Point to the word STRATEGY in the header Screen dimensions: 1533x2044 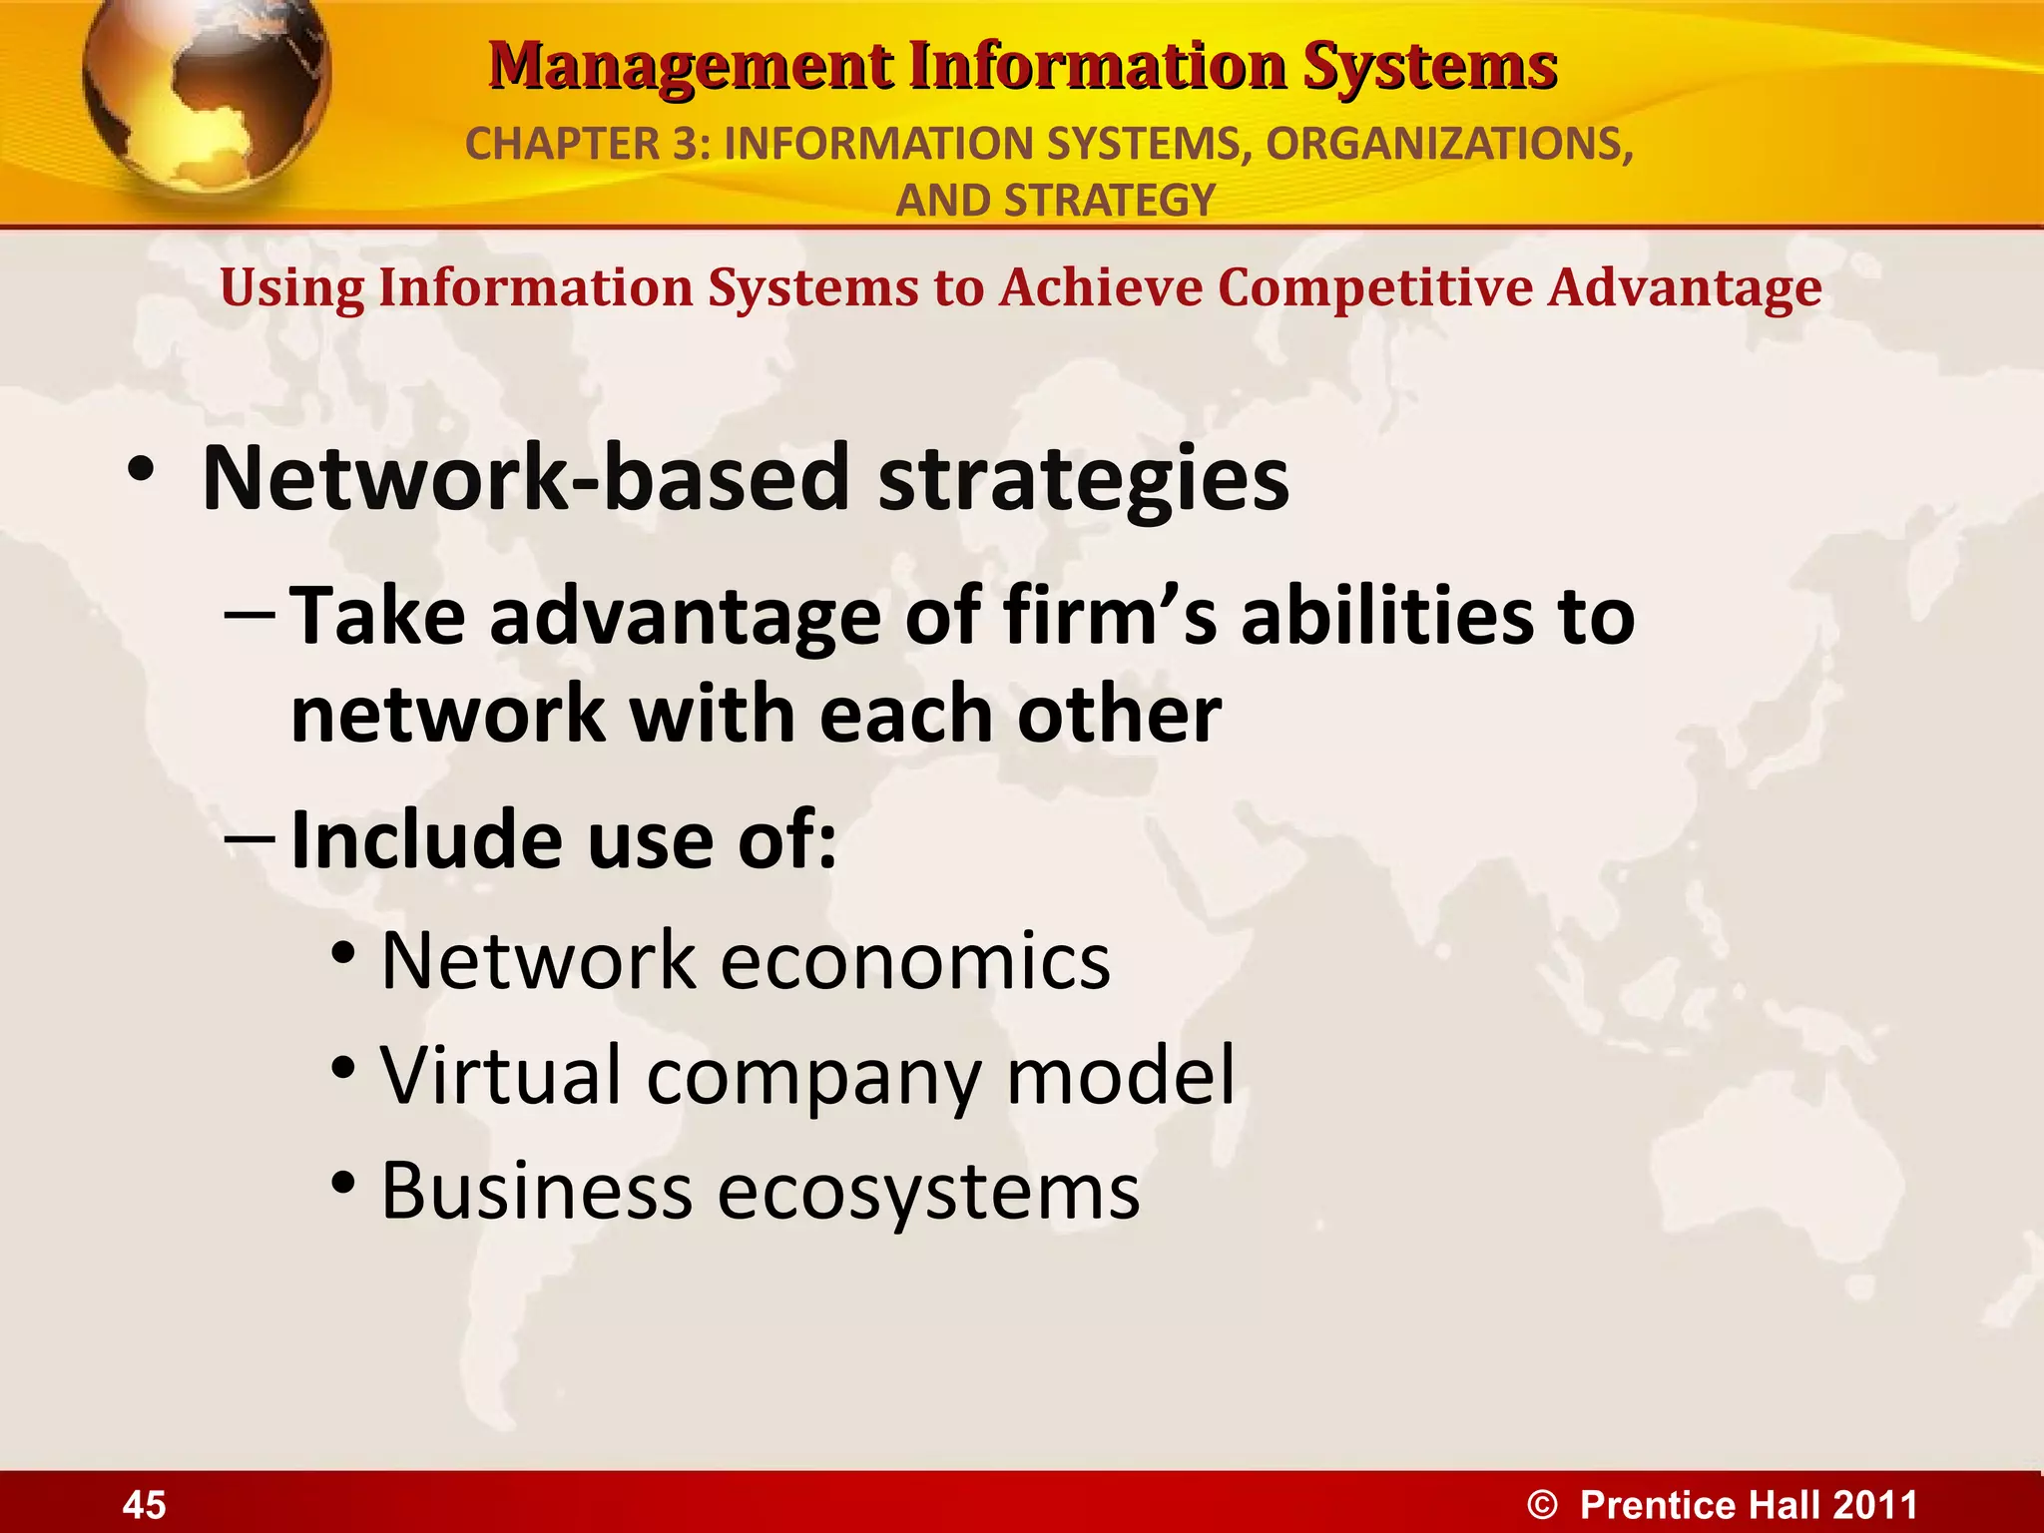(x=1109, y=201)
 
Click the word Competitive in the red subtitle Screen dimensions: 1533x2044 (x=1374, y=288)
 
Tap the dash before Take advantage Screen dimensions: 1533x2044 (x=250, y=616)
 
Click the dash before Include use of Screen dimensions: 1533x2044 (x=250, y=839)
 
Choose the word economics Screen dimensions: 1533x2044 (x=914, y=960)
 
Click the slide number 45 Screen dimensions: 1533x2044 (x=144, y=1504)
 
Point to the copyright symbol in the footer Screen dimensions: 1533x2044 (x=1542, y=1504)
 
